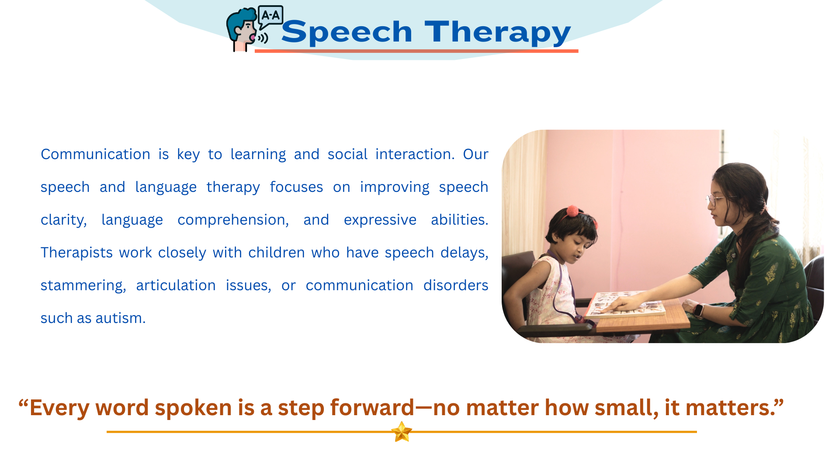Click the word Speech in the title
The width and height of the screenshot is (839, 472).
tap(347, 32)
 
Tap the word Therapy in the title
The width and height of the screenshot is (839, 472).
tap(498, 32)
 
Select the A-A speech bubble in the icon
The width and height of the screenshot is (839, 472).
tap(270, 17)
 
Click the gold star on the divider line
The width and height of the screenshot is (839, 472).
tap(402, 432)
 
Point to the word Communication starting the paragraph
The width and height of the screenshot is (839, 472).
tap(95, 154)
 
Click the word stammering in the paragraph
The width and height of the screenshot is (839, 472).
tap(83, 286)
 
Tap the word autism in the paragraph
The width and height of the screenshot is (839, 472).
tap(121, 318)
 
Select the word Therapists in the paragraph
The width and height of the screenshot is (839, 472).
tap(76, 253)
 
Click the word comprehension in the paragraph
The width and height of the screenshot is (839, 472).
tap(233, 220)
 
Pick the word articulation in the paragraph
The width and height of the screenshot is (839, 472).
tap(176, 285)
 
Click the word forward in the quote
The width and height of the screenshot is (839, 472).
tap(372, 407)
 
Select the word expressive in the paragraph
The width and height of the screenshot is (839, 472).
tap(380, 220)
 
